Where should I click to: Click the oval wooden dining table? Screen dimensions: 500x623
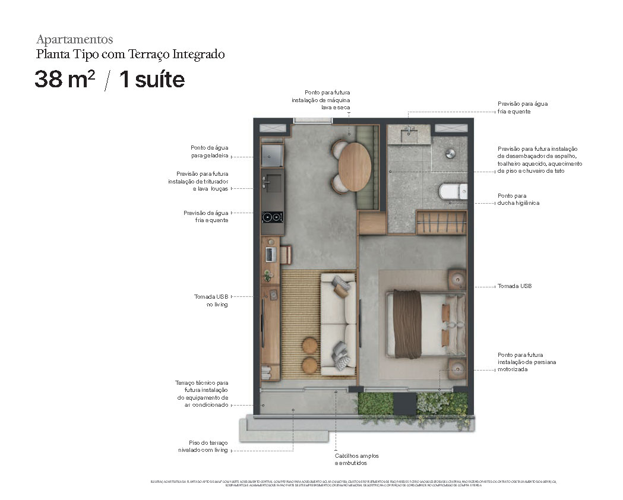tap(355, 166)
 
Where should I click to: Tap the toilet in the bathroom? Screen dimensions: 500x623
tap(453, 192)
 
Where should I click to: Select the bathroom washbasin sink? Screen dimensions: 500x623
tap(410, 134)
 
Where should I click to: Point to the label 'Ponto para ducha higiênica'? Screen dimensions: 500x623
tap(512, 199)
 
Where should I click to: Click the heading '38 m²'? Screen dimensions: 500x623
tap(64, 80)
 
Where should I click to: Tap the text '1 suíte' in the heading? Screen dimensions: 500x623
tap(152, 80)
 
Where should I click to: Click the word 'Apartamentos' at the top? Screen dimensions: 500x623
tap(74, 40)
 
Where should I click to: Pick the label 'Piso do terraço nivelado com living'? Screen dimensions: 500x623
tap(204, 446)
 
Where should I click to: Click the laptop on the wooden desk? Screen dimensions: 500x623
tap(270, 254)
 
